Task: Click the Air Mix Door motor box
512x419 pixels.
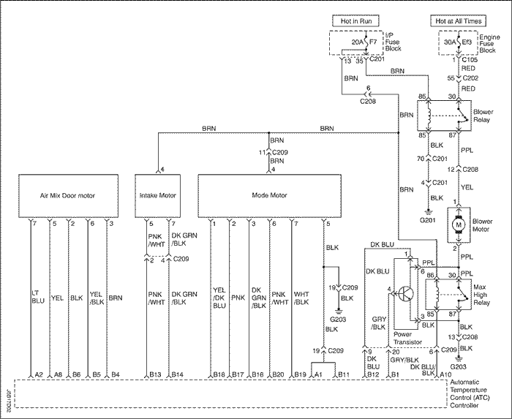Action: click(x=68, y=195)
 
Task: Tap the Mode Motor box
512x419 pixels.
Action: click(x=269, y=195)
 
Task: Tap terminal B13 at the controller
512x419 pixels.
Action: click(x=155, y=374)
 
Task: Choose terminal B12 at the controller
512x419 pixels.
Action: click(x=372, y=374)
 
